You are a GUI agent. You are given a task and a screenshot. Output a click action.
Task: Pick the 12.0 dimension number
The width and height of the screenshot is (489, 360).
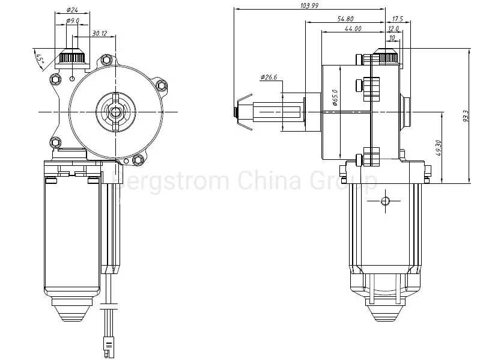[x=393, y=29]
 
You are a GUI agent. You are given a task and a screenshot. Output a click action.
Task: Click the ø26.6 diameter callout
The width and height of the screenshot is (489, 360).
[x=269, y=78]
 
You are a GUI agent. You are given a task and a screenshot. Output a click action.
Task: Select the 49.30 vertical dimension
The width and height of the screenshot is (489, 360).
[x=439, y=147]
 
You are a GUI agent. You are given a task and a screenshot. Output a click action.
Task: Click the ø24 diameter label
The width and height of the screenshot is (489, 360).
[x=72, y=10]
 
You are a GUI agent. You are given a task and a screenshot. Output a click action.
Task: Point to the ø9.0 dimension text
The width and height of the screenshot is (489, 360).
[x=73, y=20]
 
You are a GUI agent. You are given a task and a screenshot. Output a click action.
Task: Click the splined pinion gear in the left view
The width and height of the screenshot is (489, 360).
[x=73, y=58]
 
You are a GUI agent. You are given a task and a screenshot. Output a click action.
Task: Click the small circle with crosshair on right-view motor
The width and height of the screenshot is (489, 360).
[x=384, y=200]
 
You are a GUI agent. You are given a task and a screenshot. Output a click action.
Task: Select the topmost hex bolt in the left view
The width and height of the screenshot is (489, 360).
[x=107, y=59]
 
